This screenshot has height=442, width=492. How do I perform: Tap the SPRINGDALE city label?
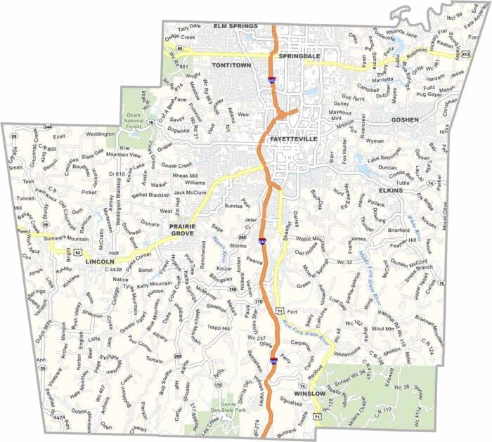coord(300,56)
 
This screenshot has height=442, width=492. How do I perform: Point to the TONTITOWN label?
coord(233,64)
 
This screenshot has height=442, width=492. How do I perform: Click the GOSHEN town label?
coord(406,119)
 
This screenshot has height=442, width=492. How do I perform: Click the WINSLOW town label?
coord(309,394)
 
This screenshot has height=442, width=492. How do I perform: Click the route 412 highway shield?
coord(465,53)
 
